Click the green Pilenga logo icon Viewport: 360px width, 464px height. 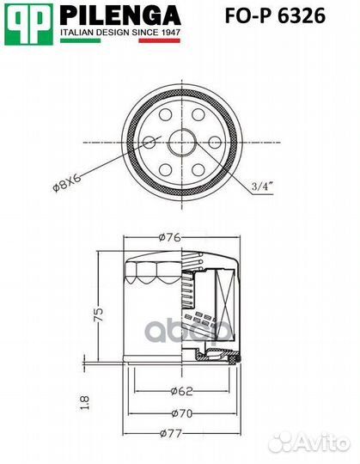point(27,22)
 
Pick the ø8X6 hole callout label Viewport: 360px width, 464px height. point(68,180)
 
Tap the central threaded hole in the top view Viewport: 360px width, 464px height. point(180,139)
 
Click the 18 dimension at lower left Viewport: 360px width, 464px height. point(85,402)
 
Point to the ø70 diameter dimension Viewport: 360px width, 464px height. point(179,413)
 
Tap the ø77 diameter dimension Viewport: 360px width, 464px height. point(179,434)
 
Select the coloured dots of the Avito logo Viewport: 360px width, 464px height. point(280,442)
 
